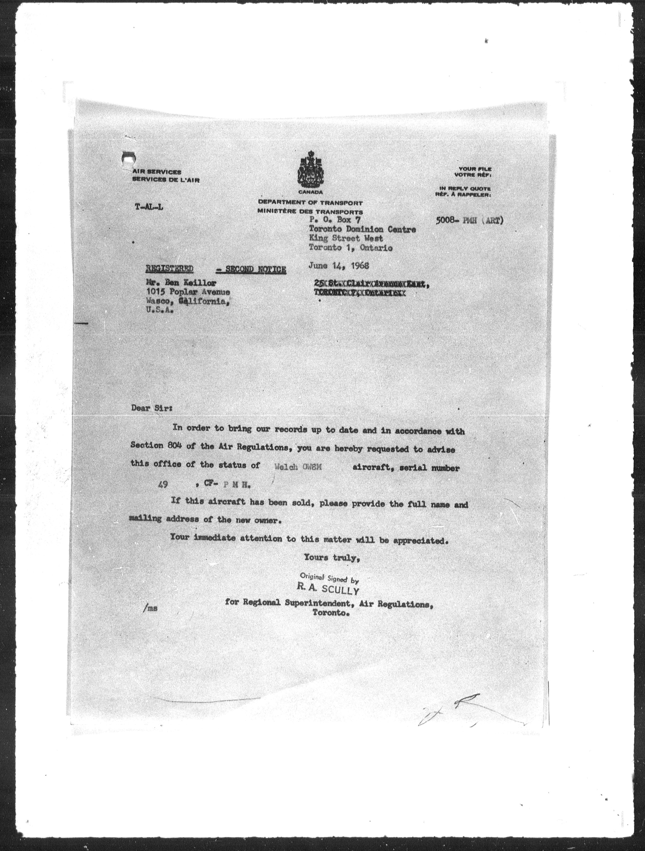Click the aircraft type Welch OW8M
tap(298, 467)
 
